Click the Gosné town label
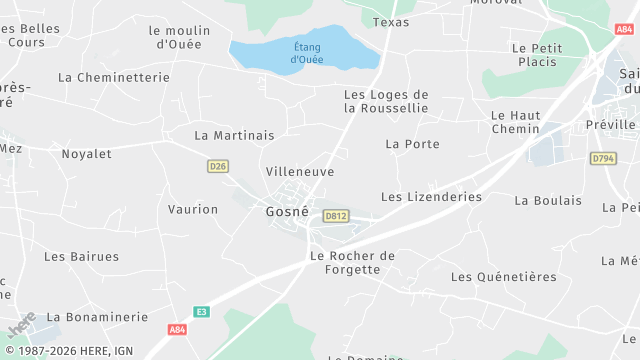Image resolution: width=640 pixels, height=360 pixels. (286, 212)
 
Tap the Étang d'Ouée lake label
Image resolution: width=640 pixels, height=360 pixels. (308, 52)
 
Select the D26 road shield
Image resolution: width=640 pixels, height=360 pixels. (218, 166)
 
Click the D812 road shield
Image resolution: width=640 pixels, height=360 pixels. (335, 215)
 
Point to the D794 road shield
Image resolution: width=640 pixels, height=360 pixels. (602, 158)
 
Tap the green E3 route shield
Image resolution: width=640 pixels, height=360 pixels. (202, 311)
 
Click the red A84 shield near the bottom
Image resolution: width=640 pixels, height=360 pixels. (177, 329)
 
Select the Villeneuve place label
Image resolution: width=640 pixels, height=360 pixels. (300, 172)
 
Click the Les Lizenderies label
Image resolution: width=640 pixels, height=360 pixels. (431, 197)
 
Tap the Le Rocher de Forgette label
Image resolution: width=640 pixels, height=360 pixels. (352, 262)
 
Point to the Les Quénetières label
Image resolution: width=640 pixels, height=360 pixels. (503, 277)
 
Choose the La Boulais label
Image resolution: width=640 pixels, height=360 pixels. (548, 200)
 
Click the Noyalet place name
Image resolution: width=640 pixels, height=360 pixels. (86, 154)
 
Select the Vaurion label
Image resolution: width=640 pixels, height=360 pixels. (193, 209)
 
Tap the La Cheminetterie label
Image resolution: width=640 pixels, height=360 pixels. (113, 77)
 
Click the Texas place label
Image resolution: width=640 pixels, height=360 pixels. (391, 22)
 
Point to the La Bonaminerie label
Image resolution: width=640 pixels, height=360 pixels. (97, 317)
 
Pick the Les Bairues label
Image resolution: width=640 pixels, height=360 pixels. (81, 257)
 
